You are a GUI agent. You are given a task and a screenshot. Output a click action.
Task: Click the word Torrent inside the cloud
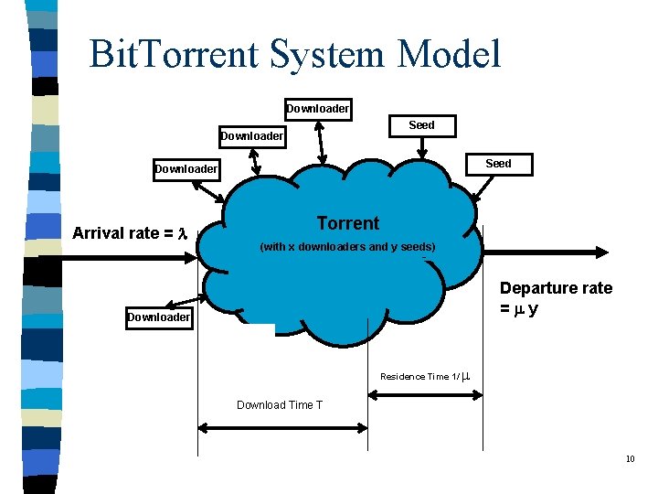[347, 223]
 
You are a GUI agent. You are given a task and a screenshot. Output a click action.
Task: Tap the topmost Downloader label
[317, 109]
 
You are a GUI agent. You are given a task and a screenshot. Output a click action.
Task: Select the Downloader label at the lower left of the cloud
[159, 317]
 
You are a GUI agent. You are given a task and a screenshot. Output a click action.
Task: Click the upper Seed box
[421, 125]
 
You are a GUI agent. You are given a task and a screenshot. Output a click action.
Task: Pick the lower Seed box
[498, 164]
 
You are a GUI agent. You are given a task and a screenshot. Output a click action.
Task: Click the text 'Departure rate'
[556, 288]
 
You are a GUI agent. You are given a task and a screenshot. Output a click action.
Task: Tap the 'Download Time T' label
[279, 405]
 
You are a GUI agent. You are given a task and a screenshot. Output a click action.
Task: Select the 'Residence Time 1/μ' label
[425, 377]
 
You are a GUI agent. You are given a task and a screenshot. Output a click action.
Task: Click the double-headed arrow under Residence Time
[424, 396]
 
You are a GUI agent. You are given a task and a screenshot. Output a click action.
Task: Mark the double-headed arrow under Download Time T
[282, 426]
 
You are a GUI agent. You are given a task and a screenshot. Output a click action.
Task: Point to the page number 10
[630, 458]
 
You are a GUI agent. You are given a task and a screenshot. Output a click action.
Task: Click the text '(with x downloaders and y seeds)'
[347, 247]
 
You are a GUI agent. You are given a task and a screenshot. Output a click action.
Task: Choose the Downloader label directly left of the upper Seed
[251, 137]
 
